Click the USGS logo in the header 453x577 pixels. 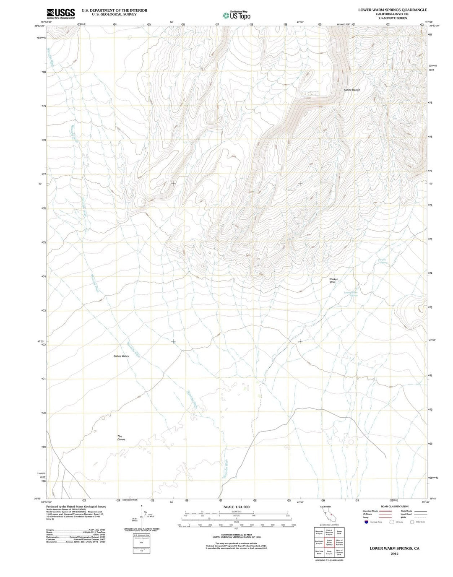[x=60, y=13]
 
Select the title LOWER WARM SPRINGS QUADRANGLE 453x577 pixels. [x=392, y=10]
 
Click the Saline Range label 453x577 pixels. [x=351, y=90]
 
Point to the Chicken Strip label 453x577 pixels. [x=333, y=281]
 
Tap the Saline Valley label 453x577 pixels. [x=121, y=356]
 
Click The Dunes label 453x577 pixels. [x=121, y=438]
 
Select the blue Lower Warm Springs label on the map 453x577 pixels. [x=351, y=294]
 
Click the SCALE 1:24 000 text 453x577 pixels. [x=237, y=507]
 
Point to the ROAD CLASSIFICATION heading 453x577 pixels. [x=394, y=506]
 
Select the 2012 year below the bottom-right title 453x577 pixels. [x=394, y=554]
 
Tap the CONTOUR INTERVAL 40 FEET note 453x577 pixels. [x=236, y=534]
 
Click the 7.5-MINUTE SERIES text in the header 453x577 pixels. [x=392, y=18]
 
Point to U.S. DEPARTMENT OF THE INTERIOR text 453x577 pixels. [x=114, y=10]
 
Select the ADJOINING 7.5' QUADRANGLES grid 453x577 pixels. [x=329, y=543]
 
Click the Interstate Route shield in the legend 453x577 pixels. [x=366, y=522]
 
